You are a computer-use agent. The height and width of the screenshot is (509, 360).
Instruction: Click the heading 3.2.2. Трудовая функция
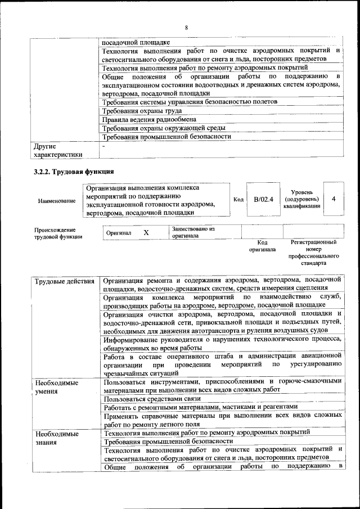74,172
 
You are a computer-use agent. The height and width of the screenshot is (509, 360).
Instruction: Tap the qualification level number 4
334,199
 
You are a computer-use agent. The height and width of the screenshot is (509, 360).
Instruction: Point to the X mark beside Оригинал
146,232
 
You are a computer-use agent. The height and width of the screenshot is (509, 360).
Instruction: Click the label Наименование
56,200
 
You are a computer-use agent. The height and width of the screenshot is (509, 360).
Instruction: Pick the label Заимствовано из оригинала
193,233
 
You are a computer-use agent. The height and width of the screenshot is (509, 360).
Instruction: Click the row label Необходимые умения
57,386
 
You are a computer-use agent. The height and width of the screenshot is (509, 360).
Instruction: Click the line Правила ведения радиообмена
148,119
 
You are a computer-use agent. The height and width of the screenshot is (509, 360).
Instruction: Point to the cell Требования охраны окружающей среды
164,128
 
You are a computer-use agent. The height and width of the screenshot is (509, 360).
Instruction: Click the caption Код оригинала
262,246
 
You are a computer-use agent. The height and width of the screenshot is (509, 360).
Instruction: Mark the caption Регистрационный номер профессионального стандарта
313,253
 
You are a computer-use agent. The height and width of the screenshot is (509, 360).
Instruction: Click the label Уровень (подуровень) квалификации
302,199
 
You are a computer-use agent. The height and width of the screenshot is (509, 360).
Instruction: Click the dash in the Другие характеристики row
103,146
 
